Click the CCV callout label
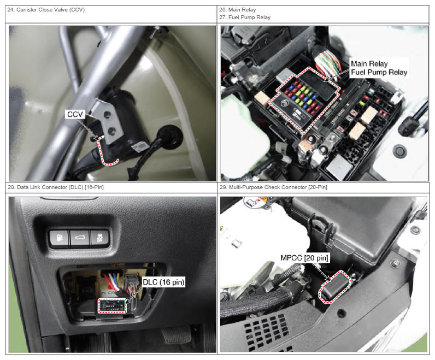pos(75,115)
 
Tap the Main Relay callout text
pos(369,64)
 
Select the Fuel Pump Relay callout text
pos(379,73)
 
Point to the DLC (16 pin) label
pos(163,282)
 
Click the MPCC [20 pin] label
pos(304,258)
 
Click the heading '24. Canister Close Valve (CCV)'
pos(46,10)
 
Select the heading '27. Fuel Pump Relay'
pos(245,17)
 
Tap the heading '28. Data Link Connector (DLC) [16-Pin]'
pos(56,187)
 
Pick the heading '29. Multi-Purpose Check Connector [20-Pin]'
pos(273,187)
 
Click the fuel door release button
pos(59,238)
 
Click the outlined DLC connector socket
pos(113,306)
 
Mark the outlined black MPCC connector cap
pos(335,286)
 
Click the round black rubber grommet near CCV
pos(169,137)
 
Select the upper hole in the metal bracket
pos(107,115)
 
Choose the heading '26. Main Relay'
pos(238,10)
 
